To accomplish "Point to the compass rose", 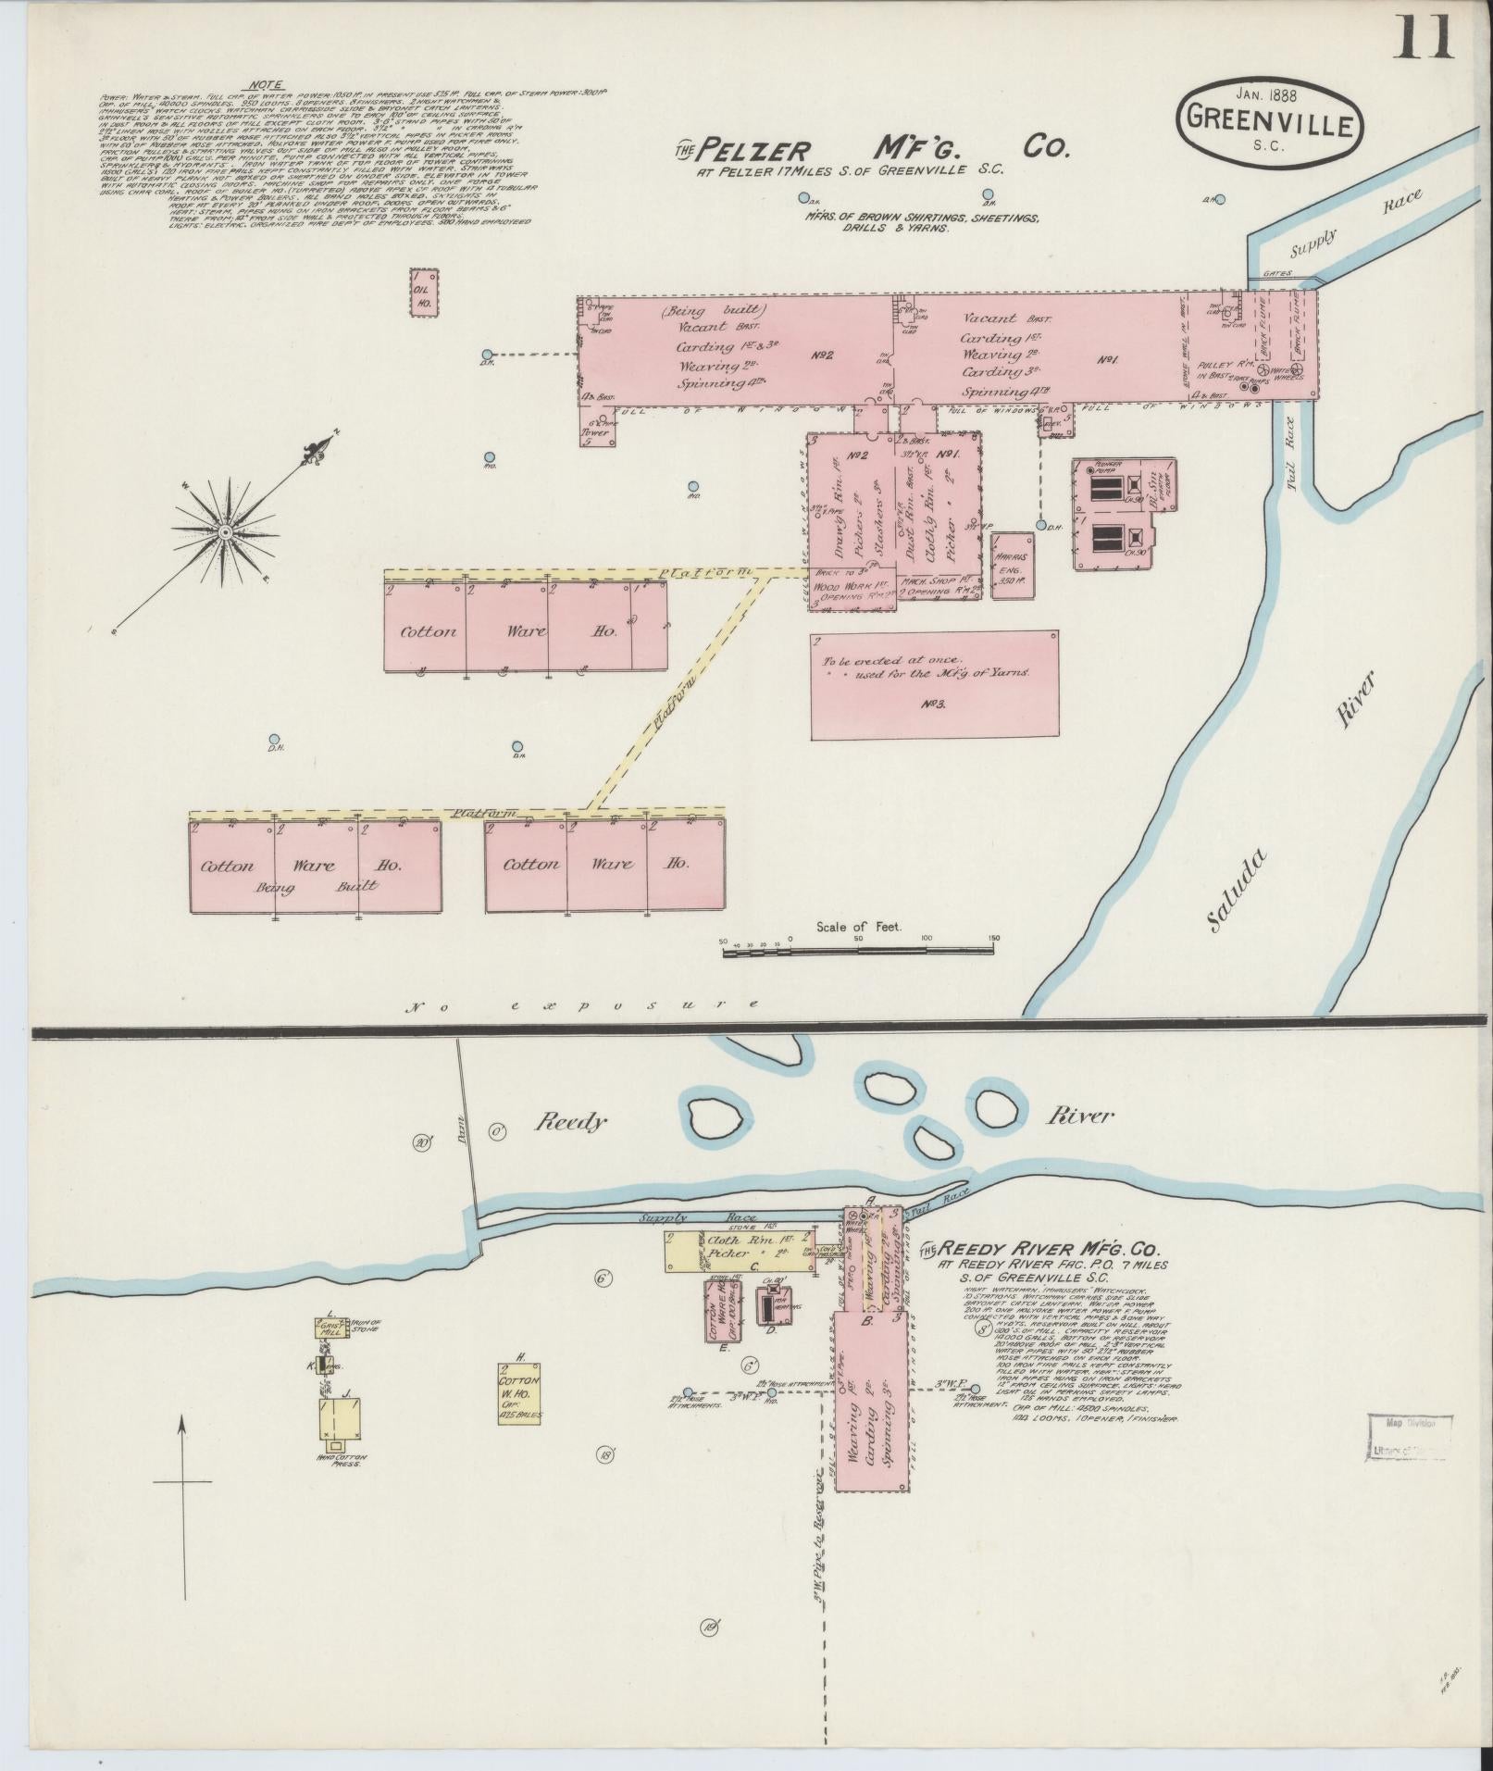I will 224,531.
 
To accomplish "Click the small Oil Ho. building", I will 423,293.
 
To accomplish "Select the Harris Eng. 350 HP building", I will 1014,565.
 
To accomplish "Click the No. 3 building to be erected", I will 933,685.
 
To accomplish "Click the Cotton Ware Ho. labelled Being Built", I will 315,867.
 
